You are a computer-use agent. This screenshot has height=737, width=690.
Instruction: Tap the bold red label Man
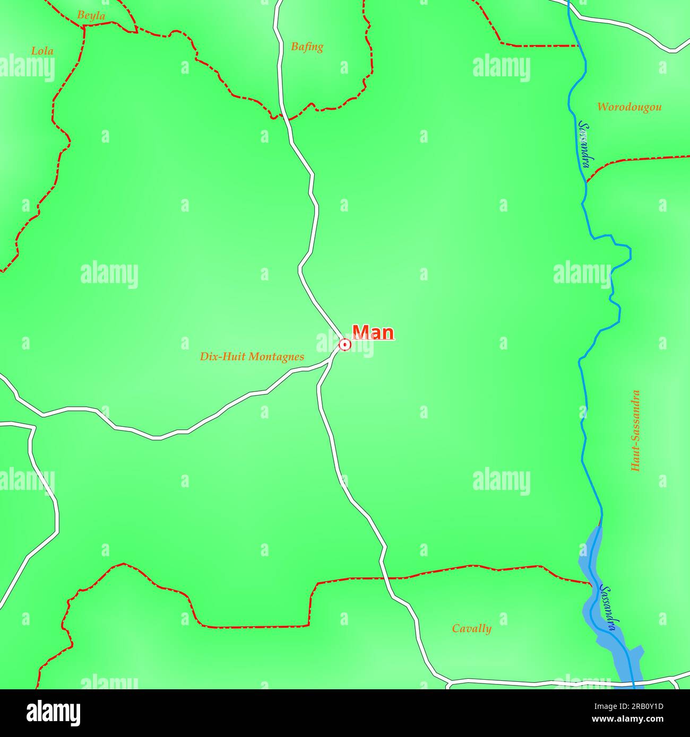[x=373, y=332]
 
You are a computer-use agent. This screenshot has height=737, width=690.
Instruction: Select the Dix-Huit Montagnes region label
[x=252, y=356]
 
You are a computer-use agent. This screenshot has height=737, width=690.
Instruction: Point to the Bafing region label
[x=307, y=47]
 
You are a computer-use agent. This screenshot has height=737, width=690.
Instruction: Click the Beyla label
[x=91, y=15]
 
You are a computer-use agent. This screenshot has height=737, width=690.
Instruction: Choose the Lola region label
[x=42, y=51]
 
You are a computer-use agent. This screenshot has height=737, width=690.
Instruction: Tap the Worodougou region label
[x=629, y=107]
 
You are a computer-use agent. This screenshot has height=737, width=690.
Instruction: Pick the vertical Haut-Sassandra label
[x=635, y=431]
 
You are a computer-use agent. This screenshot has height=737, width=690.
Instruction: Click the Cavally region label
[x=471, y=628]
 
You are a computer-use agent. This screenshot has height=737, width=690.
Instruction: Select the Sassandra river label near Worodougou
[x=584, y=144]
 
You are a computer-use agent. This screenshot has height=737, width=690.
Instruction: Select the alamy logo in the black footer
[x=54, y=713]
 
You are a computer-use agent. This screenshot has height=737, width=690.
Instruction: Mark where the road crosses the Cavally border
[x=386, y=578]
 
